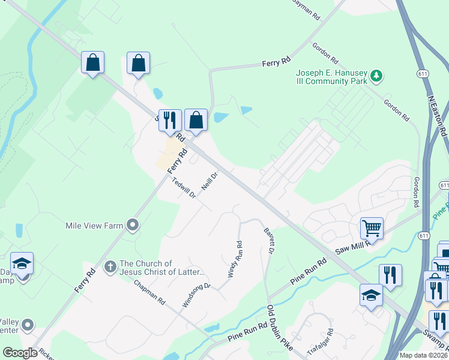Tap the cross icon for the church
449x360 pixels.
click(x=110, y=266)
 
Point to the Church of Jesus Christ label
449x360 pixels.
click(x=162, y=268)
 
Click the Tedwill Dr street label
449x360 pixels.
click(x=184, y=188)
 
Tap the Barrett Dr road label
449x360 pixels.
click(x=268, y=239)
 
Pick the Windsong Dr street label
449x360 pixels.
click(x=196, y=295)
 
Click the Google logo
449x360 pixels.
click(x=20, y=353)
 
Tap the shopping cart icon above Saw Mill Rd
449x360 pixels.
click(x=372, y=228)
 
